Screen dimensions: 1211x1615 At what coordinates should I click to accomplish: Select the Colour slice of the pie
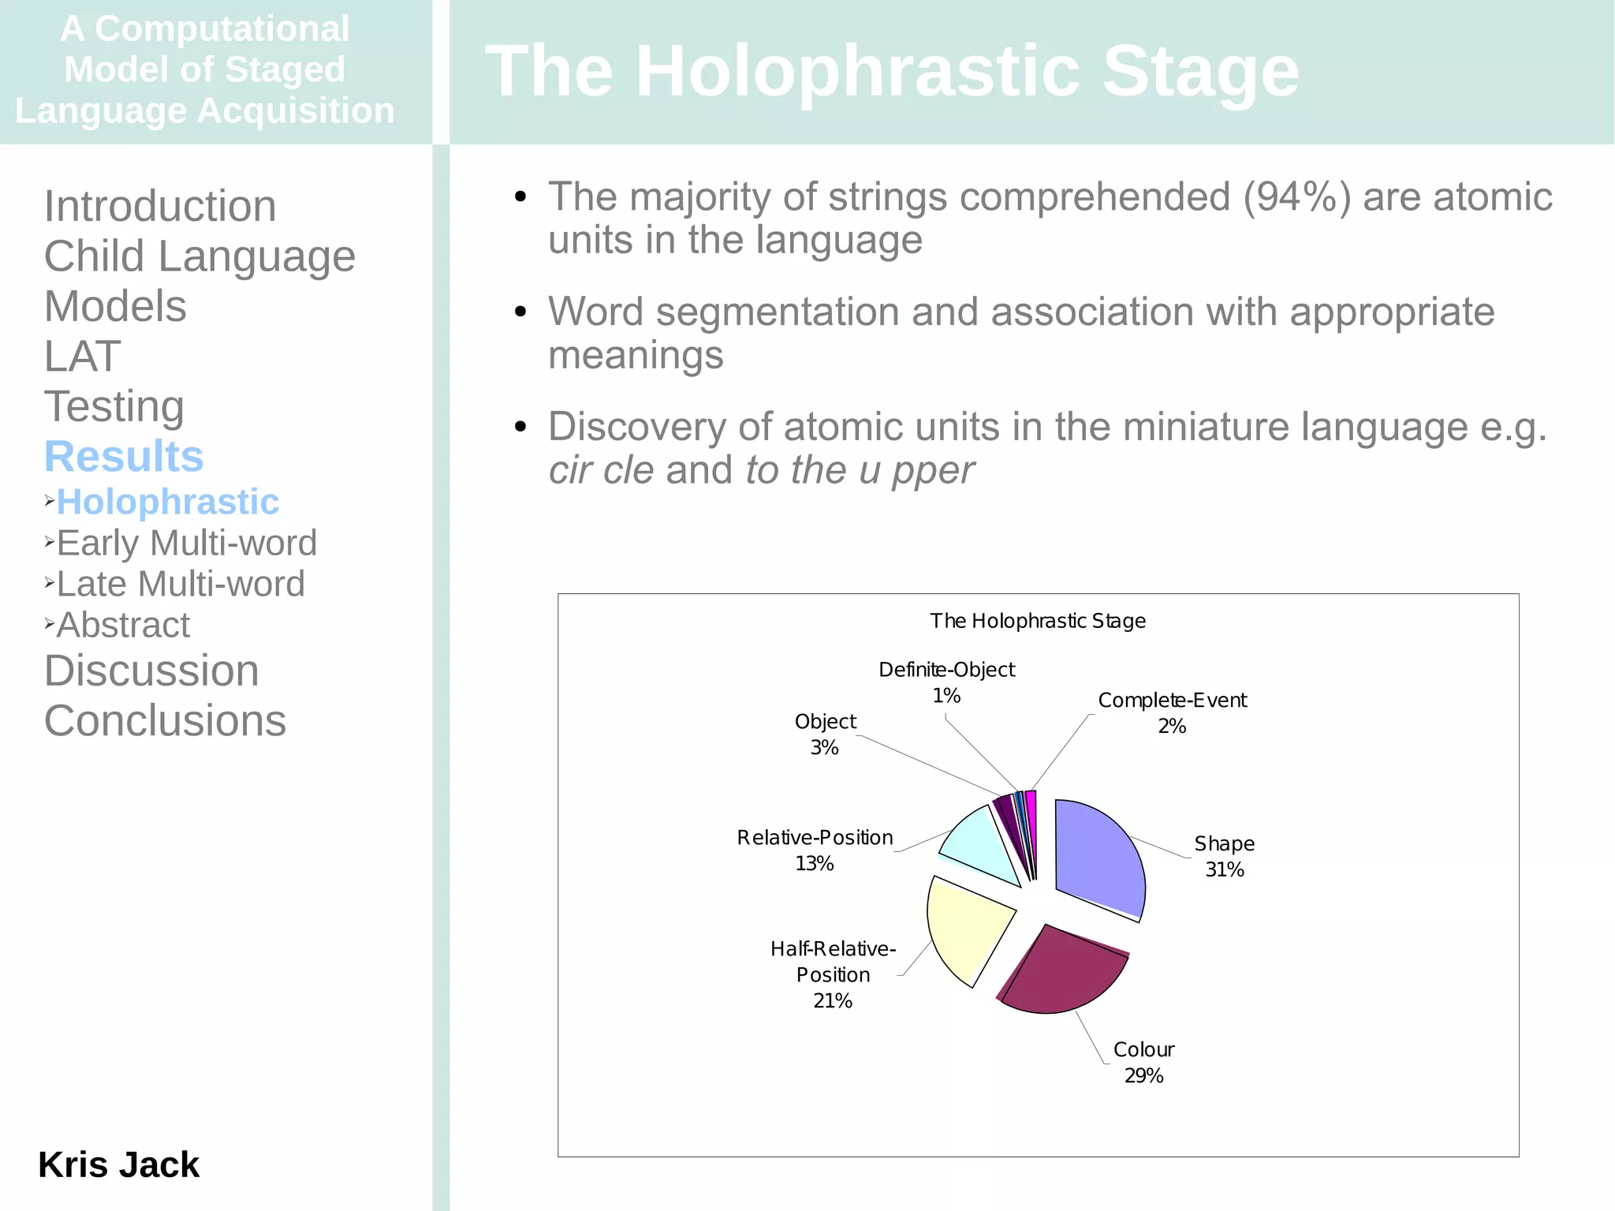coord(1061,970)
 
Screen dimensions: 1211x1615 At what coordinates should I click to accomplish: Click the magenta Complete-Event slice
coord(1031,820)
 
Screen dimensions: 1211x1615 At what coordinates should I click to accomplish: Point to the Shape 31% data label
coord(1224,856)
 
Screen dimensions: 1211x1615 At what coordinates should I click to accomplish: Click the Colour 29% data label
coord(1143,1062)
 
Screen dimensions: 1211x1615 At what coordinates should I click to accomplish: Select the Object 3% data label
coord(825,734)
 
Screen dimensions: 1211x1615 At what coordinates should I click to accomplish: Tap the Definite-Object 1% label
coord(946,682)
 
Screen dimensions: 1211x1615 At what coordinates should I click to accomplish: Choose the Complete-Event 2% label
coord(1172,712)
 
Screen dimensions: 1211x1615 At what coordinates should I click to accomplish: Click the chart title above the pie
coord(1037,621)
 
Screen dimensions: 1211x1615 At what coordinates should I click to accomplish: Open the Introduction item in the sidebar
coord(160,206)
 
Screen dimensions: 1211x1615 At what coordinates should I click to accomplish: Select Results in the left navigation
coord(124,456)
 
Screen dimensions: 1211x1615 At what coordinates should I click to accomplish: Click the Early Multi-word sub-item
coord(186,543)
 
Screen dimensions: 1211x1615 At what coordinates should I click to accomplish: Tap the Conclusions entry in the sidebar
coord(165,720)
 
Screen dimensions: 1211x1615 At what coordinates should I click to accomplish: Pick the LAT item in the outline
coord(82,356)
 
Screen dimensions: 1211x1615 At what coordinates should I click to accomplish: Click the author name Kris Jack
coord(118,1164)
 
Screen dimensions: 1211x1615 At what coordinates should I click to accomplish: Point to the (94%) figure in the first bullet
coord(1296,197)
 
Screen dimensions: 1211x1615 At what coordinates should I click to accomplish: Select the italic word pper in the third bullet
coord(933,470)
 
